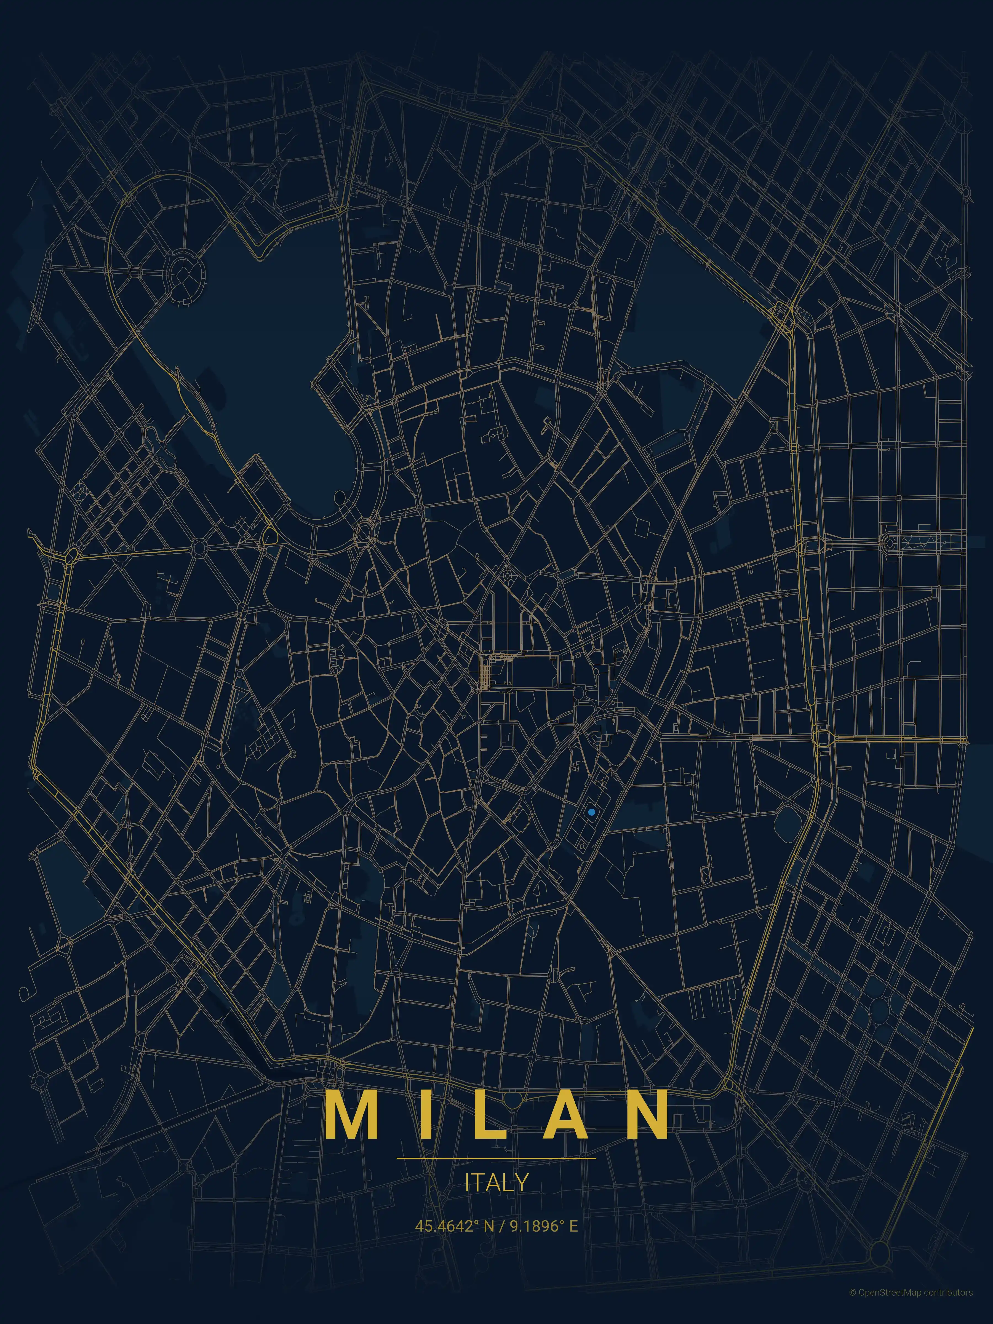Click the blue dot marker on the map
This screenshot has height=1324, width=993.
click(591, 812)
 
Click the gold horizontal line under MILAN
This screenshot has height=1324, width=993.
click(496, 1158)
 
